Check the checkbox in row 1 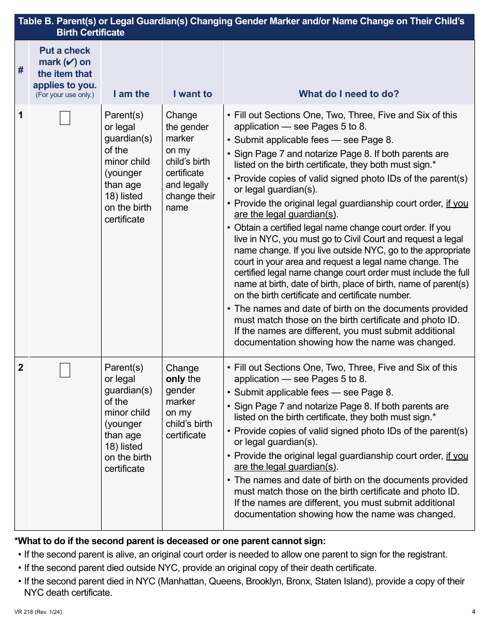65,118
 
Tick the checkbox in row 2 65,370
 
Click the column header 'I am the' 131,94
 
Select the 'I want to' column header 192,94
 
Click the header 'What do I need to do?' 349,94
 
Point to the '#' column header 21,70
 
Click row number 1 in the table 21,115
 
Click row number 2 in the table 21,368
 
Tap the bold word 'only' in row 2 175,379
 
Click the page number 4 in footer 473,612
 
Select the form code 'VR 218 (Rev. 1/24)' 39,612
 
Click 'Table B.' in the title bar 36,22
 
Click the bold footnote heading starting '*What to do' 170,541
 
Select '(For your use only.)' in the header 64,95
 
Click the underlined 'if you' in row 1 457,203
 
